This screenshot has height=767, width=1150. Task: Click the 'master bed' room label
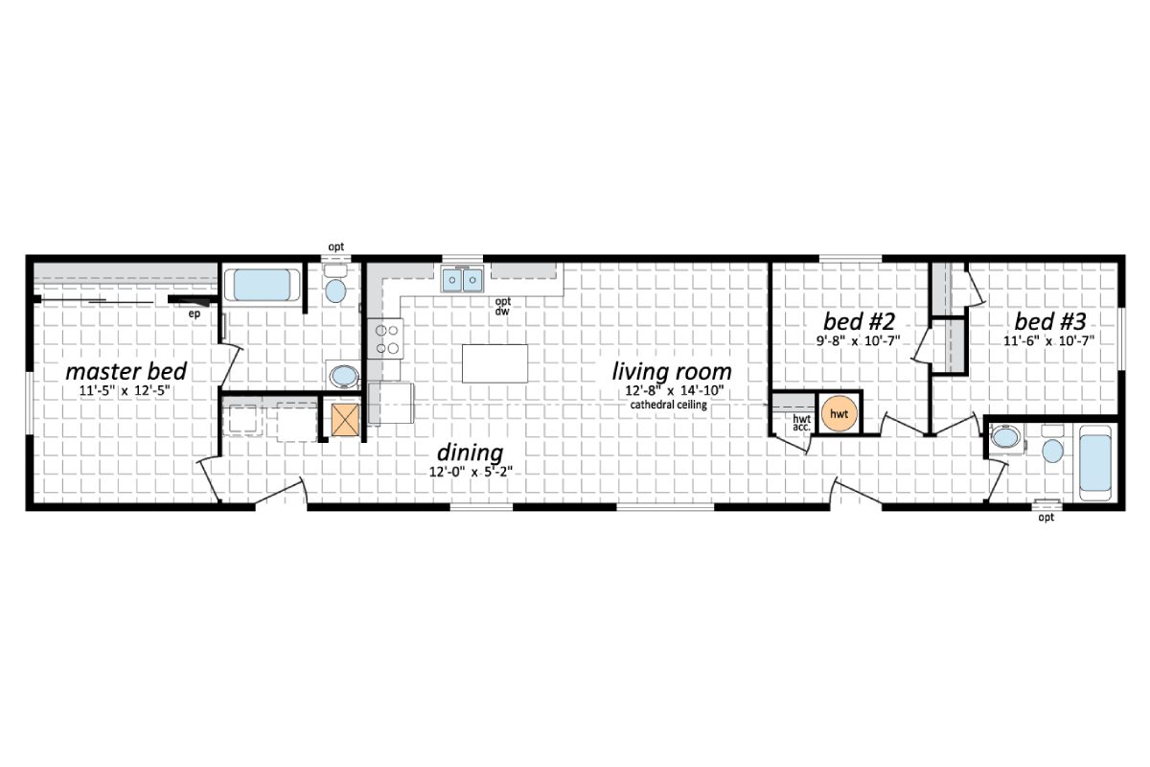point(126,372)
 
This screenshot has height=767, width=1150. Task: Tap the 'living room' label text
point(672,371)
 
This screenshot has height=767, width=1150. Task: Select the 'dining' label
point(471,453)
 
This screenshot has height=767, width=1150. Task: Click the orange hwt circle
point(839,412)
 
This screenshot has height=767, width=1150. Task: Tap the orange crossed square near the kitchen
point(344,420)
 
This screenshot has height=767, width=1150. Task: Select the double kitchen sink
point(463,279)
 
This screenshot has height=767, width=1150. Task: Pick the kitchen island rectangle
point(494,363)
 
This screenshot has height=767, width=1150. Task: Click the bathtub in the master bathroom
point(262,285)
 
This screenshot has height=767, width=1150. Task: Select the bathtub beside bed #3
point(1094,463)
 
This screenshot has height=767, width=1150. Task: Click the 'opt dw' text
point(502,307)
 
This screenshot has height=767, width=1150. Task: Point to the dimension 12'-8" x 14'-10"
point(672,391)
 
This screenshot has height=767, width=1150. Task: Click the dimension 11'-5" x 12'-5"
point(126,391)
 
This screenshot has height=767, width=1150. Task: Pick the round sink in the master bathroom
point(342,374)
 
